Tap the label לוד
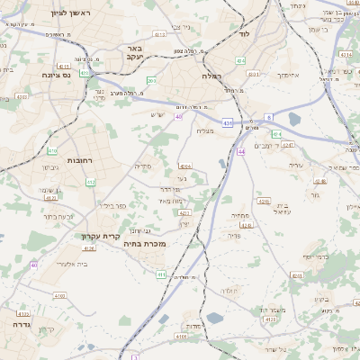point(243,33)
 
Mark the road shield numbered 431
point(229,121)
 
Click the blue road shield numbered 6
point(268,117)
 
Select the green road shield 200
point(151,81)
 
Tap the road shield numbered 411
point(161,274)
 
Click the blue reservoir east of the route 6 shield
point(295,118)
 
